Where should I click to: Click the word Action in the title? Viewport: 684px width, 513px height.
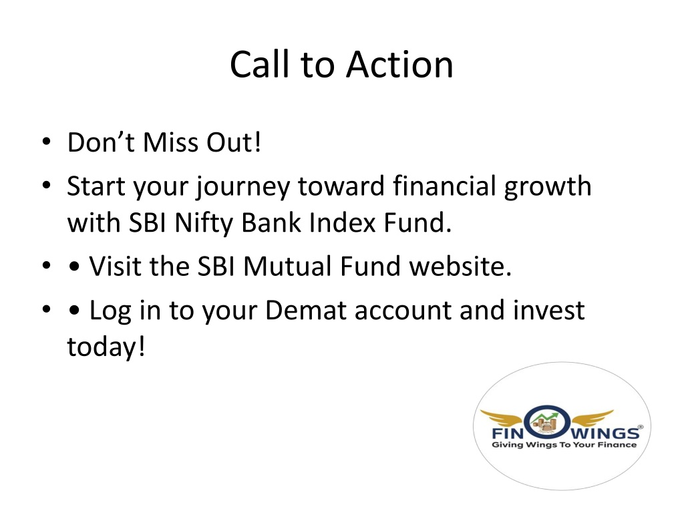pyautogui.click(x=399, y=65)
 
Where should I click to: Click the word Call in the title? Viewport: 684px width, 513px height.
pyautogui.click(x=260, y=65)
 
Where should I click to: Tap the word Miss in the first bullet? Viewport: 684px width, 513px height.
pyautogui.click(x=170, y=142)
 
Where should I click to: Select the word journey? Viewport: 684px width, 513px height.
pyautogui.click(x=242, y=188)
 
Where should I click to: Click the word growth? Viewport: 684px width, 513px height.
pyautogui.click(x=548, y=188)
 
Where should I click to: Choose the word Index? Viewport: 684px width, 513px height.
pyautogui.click(x=343, y=222)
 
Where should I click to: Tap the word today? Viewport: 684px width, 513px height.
pyautogui.click(x=106, y=347)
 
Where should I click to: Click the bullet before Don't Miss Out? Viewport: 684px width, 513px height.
pyautogui.click(x=47, y=142)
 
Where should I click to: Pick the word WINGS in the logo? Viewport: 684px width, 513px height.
pyautogui.click(x=605, y=433)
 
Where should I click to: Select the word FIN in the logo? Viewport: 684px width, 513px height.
pyautogui.click(x=508, y=433)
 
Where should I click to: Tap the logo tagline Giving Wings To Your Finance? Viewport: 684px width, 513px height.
pyautogui.click(x=564, y=445)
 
